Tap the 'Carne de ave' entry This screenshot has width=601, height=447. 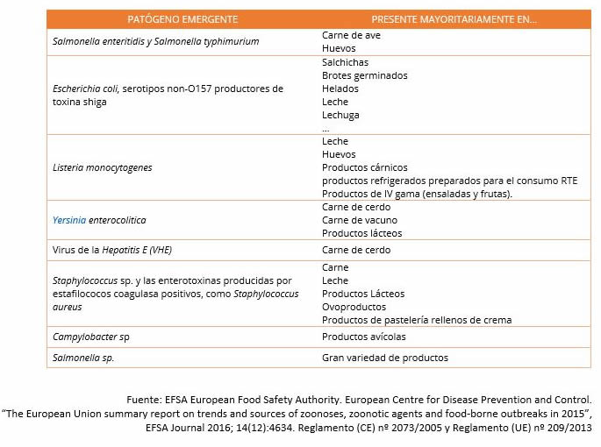click(351, 36)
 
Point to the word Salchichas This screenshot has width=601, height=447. click(345, 63)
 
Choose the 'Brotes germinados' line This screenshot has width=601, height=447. click(364, 76)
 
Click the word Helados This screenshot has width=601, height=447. click(340, 89)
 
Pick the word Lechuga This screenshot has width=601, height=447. click(340, 115)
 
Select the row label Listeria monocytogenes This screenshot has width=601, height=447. click(103, 167)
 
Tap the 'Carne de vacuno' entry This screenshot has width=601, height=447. click(359, 220)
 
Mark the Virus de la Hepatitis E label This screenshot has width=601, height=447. click(112, 250)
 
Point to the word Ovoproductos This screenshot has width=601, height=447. click(354, 307)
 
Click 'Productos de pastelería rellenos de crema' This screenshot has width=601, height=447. click(417, 320)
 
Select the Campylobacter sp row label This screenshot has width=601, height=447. click(97, 337)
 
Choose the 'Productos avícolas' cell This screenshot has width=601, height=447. click(364, 337)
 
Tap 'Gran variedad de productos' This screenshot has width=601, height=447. click(384, 358)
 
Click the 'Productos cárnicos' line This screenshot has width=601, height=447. click(364, 167)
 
